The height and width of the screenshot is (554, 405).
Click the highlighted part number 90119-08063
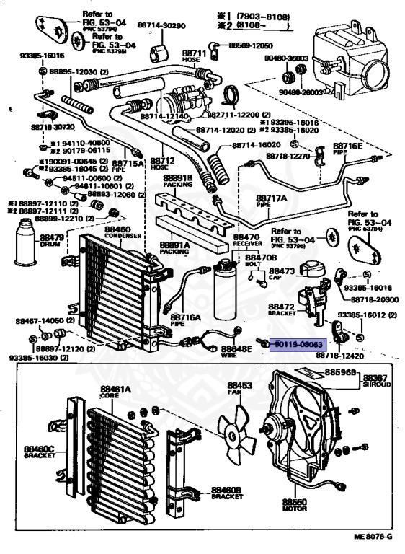tap(298, 345)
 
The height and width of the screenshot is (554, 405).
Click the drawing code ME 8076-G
tap(373, 537)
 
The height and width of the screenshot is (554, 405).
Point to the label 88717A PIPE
tap(271, 201)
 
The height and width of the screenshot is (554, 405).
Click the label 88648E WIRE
tap(240, 351)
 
